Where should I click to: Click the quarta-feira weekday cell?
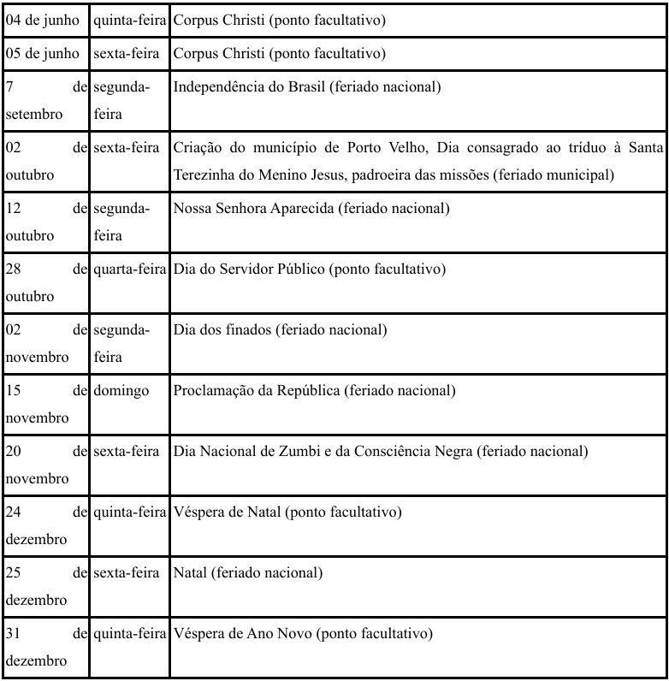[x=129, y=269]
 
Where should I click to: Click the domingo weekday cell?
[x=121, y=391]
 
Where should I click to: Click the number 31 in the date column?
[x=13, y=634]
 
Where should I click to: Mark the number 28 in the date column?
[x=13, y=269]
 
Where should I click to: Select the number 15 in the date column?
[x=13, y=391]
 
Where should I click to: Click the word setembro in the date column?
[x=30, y=114]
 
